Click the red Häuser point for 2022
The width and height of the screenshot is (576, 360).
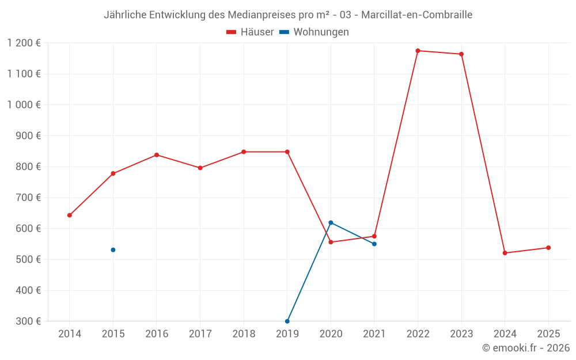click(418, 51)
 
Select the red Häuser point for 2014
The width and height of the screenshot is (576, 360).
click(70, 215)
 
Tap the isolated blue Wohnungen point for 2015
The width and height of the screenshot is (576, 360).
click(113, 250)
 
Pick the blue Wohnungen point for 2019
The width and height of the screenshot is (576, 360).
click(287, 321)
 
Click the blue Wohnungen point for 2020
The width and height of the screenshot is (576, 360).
click(331, 222)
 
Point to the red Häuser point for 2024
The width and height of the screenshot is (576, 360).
click(505, 253)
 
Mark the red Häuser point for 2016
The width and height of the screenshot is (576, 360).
click(157, 155)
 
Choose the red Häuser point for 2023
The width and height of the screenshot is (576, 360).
click(461, 54)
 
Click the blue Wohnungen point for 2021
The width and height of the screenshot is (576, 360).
click(374, 244)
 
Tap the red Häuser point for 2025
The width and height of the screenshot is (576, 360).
click(548, 248)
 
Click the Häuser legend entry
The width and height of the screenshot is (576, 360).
click(250, 32)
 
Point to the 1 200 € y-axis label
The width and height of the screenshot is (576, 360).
click(24, 43)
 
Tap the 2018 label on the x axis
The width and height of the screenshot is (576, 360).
click(244, 334)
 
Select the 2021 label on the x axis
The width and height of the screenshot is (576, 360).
click(374, 334)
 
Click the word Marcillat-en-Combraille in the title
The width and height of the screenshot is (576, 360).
click(416, 15)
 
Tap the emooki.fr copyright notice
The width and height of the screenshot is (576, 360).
click(526, 348)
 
